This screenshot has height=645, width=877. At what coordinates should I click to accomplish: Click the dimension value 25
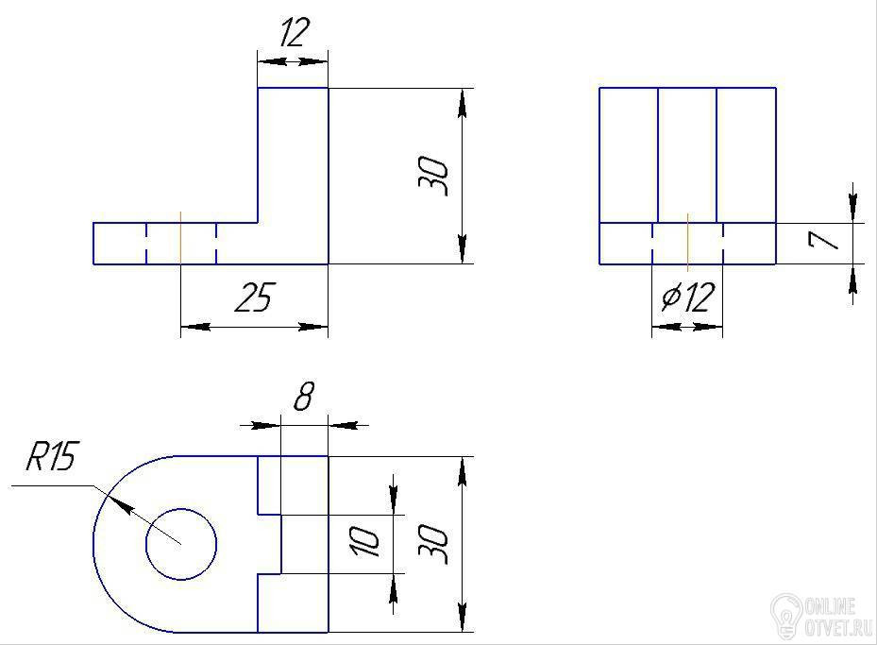(x=255, y=297)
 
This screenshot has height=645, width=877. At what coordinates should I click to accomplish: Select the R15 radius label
(x=53, y=456)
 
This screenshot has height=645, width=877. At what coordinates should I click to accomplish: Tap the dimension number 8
(x=304, y=396)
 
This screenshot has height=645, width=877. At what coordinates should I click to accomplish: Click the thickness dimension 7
(x=823, y=241)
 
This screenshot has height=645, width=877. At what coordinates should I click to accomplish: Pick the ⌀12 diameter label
(x=688, y=297)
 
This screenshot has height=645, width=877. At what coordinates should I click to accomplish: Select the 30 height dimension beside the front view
(x=434, y=177)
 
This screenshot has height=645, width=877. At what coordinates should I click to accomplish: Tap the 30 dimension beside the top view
(x=434, y=544)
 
